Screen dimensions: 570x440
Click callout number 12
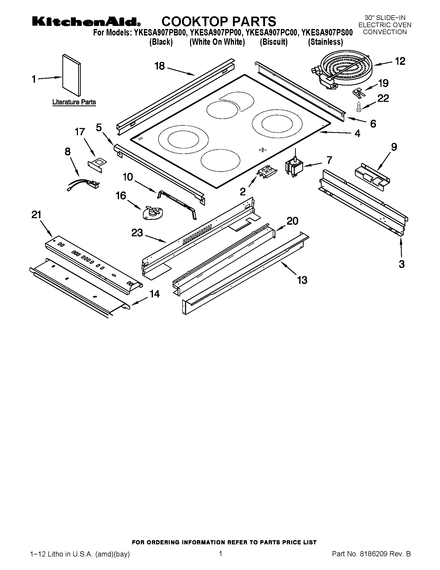pyautogui.click(x=400, y=61)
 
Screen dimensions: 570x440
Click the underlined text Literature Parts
pyautogui.click(x=74, y=102)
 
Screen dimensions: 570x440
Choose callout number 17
pyautogui.click(x=80, y=132)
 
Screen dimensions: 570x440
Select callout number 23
pyautogui.click(x=137, y=233)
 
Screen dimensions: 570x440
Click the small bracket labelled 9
pyautogui.click(x=372, y=177)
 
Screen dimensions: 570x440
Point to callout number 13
pyautogui.click(x=302, y=280)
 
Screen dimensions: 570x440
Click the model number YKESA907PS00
pyautogui.click(x=327, y=33)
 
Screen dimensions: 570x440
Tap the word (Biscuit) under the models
pyautogui.click(x=274, y=42)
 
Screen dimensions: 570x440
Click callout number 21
pyautogui.click(x=36, y=215)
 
